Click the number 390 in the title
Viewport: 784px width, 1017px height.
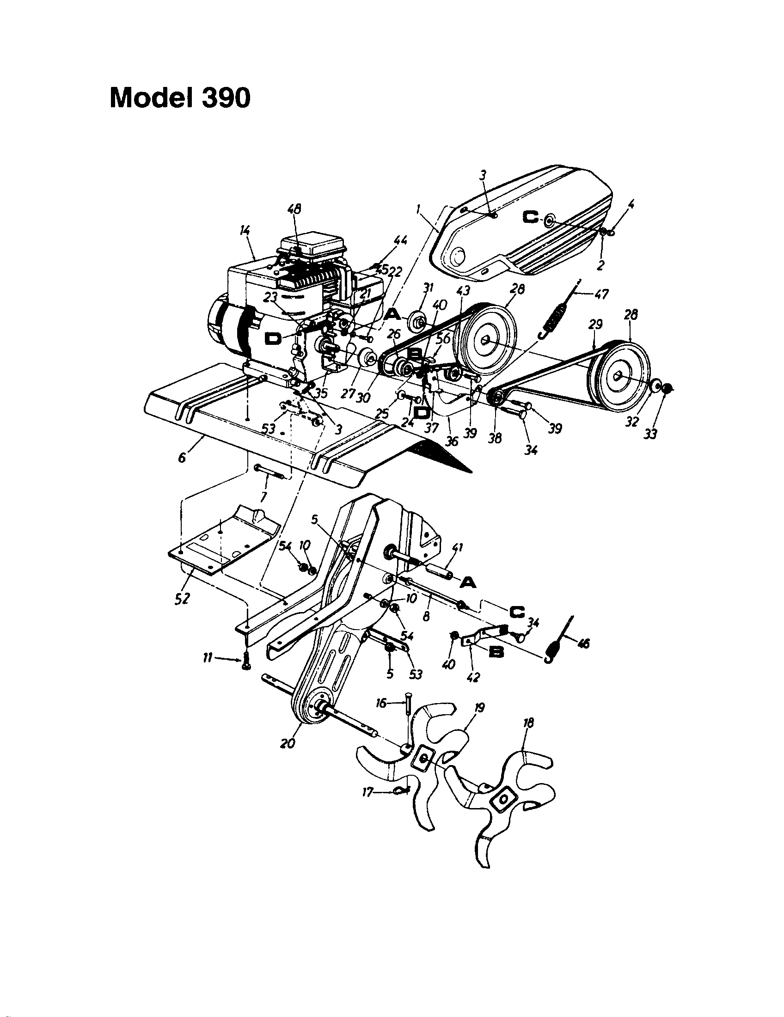point(226,98)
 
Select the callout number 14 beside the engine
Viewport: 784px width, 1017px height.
point(245,230)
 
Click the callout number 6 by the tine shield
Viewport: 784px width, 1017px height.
point(182,457)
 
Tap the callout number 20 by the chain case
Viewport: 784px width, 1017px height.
point(288,743)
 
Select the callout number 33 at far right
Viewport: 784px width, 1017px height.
point(650,434)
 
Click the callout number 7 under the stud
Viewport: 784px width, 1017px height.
point(263,498)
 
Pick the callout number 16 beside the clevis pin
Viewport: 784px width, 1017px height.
point(381,703)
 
